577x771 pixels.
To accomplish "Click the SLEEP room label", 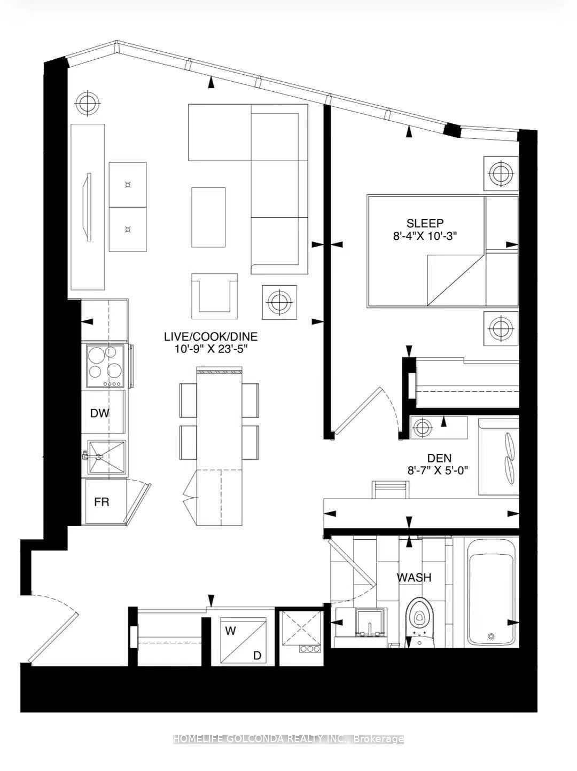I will tap(425, 223).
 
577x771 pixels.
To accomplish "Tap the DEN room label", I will tap(439, 458).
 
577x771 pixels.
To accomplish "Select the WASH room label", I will tap(414, 577).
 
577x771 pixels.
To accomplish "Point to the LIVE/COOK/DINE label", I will tap(210, 337).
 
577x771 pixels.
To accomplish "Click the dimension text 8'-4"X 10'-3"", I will tap(425, 235).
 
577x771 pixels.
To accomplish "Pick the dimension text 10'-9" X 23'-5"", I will tap(210, 349).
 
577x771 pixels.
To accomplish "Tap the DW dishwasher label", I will tap(100, 413).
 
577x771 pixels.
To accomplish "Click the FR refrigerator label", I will tap(102, 502).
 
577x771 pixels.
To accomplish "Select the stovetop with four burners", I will tap(105, 367).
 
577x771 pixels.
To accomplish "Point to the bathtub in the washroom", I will tap(492, 592).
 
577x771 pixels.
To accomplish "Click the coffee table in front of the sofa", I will tap(208, 217).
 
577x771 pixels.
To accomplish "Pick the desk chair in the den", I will tap(391, 489).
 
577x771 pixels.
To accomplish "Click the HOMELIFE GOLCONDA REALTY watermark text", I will tap(288, 739).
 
